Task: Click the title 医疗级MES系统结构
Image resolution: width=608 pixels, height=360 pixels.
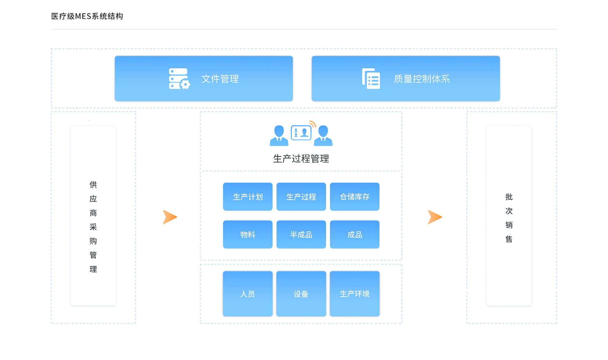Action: coord(87,16)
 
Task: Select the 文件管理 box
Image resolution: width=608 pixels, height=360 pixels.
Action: coord(204,79)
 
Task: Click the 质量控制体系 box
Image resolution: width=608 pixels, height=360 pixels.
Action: coord(406,79)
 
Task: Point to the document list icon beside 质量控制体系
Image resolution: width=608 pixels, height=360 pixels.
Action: coord(371,79)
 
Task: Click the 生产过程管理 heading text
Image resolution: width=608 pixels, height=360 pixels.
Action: coord(301,158)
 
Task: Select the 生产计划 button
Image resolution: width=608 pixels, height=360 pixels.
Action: coord(248,197)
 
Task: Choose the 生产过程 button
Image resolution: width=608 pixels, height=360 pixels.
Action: coord(301,197)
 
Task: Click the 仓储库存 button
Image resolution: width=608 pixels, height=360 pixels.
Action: coord(354,197)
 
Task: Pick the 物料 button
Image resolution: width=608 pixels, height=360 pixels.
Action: coord(248,235)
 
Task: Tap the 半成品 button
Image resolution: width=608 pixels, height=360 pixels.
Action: coord(301,235)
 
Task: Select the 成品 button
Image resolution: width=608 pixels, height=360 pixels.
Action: coord(354,235)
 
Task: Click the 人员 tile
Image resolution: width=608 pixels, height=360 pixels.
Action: coord(248,294)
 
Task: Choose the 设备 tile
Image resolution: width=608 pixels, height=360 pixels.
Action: coord(301,294)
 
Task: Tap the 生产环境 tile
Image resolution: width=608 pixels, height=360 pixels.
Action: coord(354,294)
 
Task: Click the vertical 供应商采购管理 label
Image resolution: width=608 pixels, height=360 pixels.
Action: coord(93,227)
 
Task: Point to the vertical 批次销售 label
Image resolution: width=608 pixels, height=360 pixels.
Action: coord(509,218)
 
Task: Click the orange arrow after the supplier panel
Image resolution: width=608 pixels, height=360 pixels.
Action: coord(170,217)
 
